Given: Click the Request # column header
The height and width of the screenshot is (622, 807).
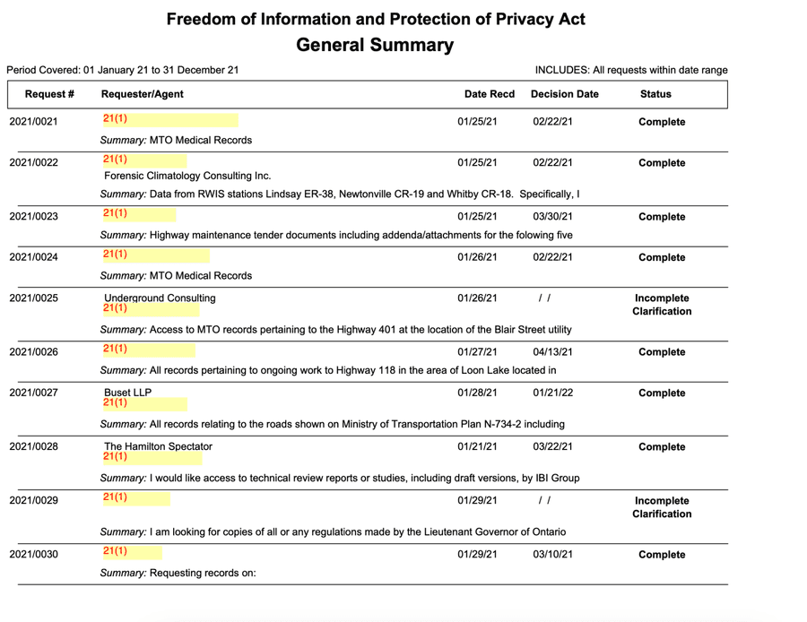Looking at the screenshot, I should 49,94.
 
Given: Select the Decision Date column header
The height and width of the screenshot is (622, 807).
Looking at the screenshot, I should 564,94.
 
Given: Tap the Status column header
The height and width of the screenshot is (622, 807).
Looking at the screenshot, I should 655,94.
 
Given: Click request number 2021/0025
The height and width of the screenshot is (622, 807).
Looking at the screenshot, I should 33,298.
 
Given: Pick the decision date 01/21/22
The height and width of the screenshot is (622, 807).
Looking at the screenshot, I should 552,393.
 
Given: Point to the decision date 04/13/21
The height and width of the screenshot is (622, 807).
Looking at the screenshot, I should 552,352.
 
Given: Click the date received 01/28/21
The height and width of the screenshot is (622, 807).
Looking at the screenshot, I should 477,393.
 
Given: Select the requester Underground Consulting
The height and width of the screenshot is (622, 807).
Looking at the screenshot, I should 160,298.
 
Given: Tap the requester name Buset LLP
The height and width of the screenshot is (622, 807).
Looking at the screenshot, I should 128,393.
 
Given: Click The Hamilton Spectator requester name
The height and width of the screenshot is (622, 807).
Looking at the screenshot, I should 158,446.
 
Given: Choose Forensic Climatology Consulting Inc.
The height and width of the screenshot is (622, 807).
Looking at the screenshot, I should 187,176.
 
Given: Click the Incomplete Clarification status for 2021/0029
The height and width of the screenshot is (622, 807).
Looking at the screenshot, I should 662,507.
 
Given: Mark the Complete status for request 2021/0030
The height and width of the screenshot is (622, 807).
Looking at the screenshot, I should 662,555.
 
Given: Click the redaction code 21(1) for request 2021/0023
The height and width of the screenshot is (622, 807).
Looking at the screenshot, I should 115,213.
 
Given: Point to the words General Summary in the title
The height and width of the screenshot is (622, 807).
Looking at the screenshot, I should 375,45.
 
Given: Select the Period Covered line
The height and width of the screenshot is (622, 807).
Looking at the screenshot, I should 123,70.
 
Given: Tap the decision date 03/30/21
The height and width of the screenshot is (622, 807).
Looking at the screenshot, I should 552,217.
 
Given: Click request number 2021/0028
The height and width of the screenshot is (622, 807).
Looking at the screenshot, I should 33,446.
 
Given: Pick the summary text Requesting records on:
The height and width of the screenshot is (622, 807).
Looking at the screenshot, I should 203,573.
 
